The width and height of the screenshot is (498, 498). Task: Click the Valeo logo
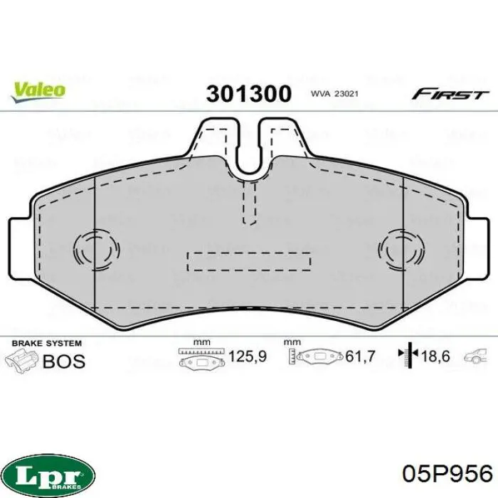pyautogui.click(x=38, y=92)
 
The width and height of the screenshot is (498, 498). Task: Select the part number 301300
pyautogui.click(x=248, y=94)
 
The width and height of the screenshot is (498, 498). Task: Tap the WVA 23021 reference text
pyautogui.click(x=334, y=94)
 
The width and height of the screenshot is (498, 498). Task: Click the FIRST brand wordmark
pyautogui.click(x=450, y=94)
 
